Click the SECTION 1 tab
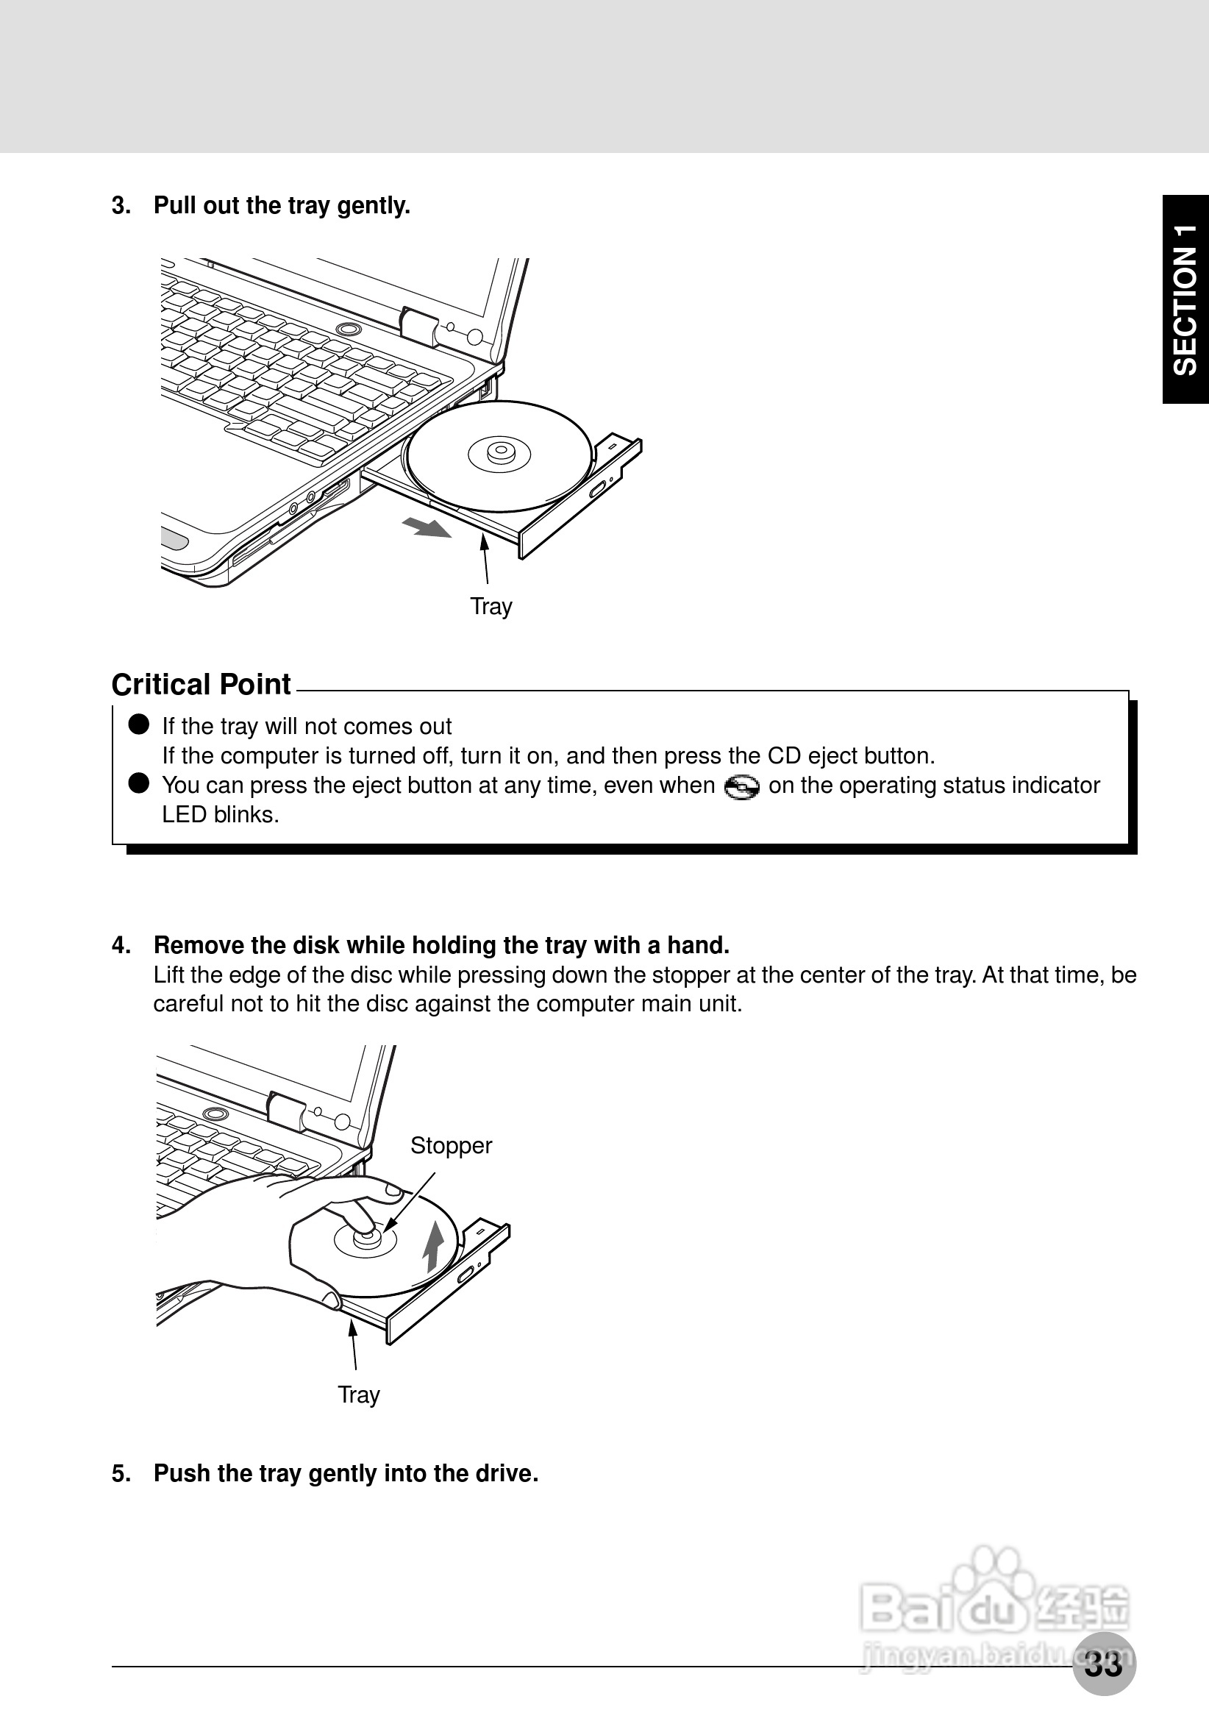click(1185, 299)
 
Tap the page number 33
click(1103, 1664)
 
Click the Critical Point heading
click(201, 685)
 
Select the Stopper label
click(451, 1146)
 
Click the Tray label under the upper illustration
click(491, 606)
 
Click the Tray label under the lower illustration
click(359, 1394)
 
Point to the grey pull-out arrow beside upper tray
click(427, 527)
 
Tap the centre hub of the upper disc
click(499, 452)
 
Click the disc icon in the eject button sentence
click(741, 787)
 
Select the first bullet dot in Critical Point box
click(139, 724)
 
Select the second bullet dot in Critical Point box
click(139, 783)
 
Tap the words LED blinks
click(220, 815)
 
